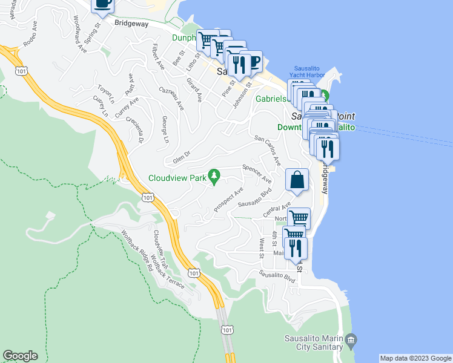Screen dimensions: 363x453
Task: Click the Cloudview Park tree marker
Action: coord(213,176)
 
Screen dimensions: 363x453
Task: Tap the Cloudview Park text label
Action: coord(177,178)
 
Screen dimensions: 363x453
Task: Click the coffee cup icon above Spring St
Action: coord(102,3)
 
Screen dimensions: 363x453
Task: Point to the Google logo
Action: coord(20,356)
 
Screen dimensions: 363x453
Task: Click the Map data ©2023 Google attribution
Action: coord(415,358)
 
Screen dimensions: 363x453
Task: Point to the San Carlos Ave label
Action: coord(268,151)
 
